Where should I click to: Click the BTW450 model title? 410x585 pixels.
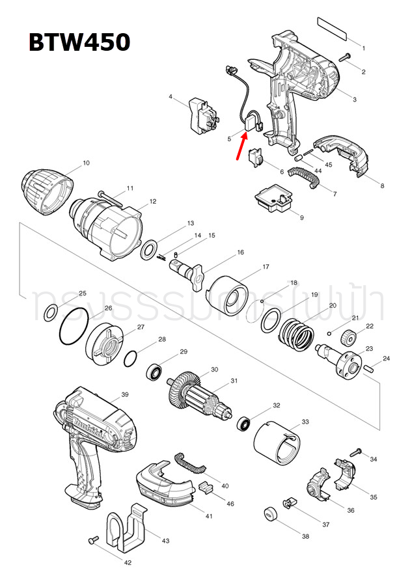[79, 42]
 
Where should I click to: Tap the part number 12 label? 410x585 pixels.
[152, 201]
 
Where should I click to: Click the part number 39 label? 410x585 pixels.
[125, 394]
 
